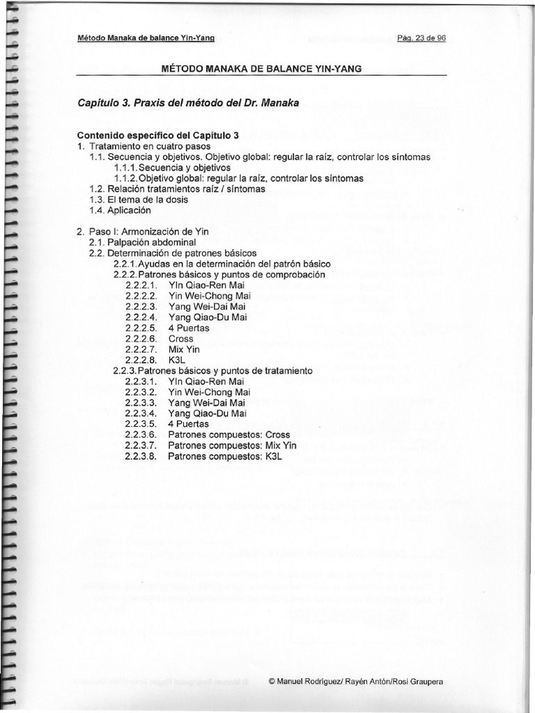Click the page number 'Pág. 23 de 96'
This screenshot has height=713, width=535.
(420, 38)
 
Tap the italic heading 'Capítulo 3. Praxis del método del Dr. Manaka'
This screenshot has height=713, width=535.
(188, 103)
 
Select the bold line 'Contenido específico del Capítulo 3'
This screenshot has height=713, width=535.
(159, 136)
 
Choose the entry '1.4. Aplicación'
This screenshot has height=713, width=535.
(120, 210)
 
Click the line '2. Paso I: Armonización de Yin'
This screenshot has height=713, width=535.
(143, 230)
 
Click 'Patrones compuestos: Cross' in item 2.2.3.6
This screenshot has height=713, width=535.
(229, 434)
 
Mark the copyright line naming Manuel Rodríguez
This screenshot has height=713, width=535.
(355, 681)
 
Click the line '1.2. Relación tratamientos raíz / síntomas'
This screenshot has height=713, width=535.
(177, 189)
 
